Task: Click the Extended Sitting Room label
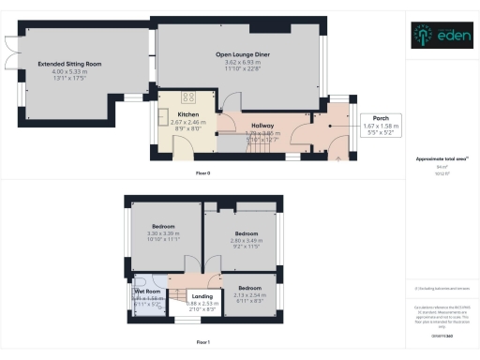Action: coord(70,64)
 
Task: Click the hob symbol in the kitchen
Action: coord(188,96)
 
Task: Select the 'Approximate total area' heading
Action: coord(436,158)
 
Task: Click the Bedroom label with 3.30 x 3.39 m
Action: coord(164,227)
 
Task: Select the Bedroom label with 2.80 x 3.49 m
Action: coord(247,232)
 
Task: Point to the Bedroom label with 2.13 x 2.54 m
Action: coord(249,288)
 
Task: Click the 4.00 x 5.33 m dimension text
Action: coord(70,72)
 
